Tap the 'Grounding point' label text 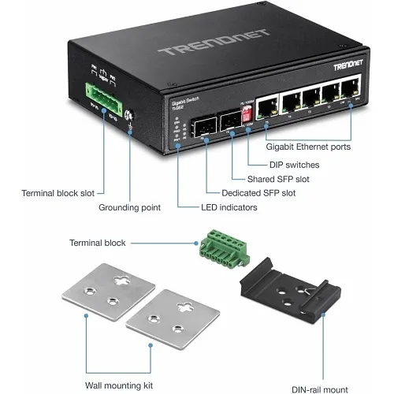point(129,208)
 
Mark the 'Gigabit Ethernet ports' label point(309,147)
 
